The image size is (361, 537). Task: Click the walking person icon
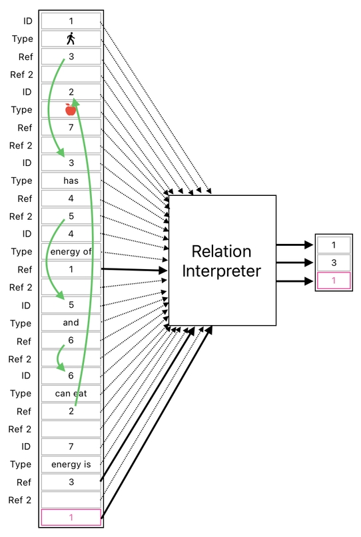click(71, 39)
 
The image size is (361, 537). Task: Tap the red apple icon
click(71, 109)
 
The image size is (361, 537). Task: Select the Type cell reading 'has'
click(71, 181)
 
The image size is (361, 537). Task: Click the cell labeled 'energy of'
click(71, 251)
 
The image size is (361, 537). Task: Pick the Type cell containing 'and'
click(71, 322)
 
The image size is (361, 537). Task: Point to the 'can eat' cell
click(71, 393)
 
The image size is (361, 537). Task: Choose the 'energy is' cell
click(71, 464)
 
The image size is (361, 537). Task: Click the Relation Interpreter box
click(222, 261)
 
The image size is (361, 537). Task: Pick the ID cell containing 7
click(71, 446)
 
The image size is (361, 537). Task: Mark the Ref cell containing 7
click(71, 127)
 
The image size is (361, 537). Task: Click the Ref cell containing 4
click(71, 198)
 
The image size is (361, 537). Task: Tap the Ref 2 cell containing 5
click(71, 216)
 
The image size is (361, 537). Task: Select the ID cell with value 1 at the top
click(71, 21)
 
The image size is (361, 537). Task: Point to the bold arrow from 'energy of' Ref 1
click(133, 270)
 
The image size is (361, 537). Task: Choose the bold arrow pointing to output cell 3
click(294, 263)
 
